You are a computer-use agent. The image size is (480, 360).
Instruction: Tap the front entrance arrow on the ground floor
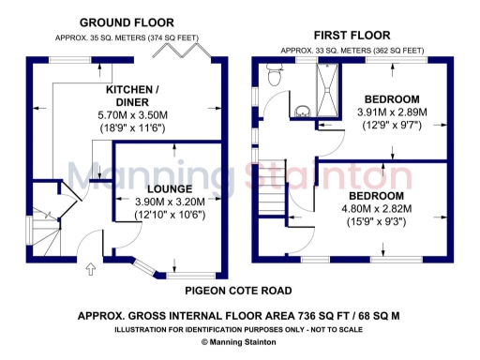pos(91,270)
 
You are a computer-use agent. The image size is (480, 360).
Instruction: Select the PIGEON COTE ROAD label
pos(238,291)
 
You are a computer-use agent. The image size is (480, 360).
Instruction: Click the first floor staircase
pos(272,198)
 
